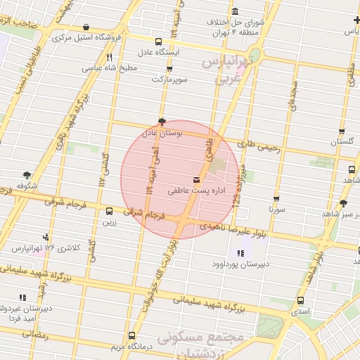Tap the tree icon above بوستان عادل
click(x=162, y=121)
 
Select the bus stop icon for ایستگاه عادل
click(x=156, y=41)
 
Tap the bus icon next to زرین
click(x=109, y=211)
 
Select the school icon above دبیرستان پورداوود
click(x=240, y=253)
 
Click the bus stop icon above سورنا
click(x=276, y=198)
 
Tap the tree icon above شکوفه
click(x=27, y=174)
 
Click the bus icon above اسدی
click(x=292, y=300)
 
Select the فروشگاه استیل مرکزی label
click(x=89, y=35)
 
